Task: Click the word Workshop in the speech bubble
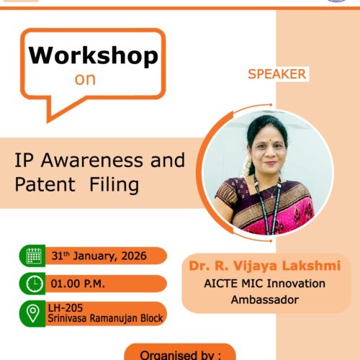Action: click(x=94, y=55)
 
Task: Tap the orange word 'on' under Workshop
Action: click(x=85, y=79)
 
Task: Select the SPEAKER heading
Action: click(x=277, y=74)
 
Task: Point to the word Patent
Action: click(x=45, y=184)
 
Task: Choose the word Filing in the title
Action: click(x=114, y=185)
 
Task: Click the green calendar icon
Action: click(x=33, y=256)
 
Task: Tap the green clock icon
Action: click(x=35, y=284)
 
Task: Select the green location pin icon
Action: click(x=33, y=313)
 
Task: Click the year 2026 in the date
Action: click(x=134, y=256)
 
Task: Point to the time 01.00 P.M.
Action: click(x=78, y=284)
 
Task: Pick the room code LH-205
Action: click(x=66, y=308)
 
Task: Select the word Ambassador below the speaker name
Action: click(x=265, y=300)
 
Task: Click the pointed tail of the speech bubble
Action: click(x=48, y=121)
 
